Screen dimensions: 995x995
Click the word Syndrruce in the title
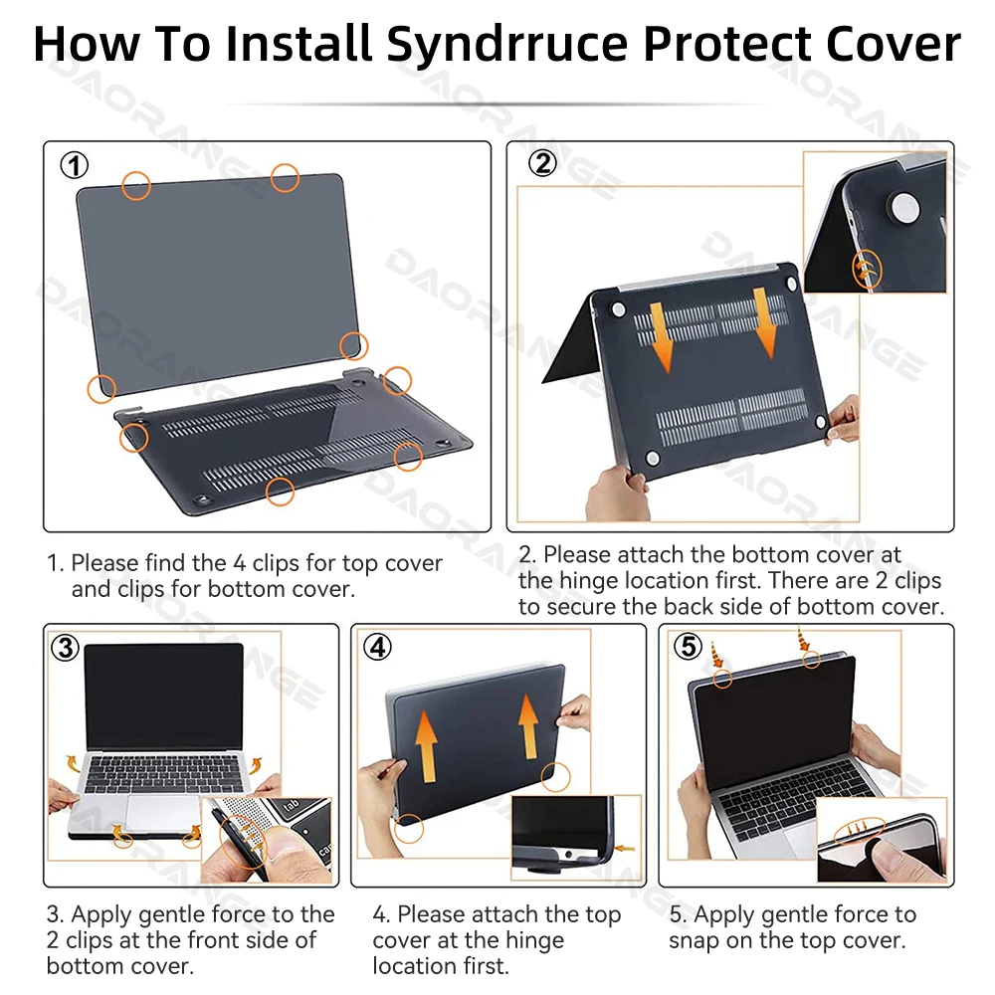pos(507,45)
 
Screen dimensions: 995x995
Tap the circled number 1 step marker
pos(75,165)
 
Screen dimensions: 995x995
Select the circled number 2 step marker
pos(542,163)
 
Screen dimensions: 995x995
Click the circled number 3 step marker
pos(65,648)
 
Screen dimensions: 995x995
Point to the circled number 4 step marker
pos(377,648)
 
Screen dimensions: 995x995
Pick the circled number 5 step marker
pos(688,647)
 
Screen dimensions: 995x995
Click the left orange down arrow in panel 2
pos(662,337)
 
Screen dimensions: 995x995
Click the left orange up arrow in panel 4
pos(427,745)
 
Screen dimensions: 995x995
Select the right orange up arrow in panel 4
pos(528,726)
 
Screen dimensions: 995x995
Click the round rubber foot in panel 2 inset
pos(904,209)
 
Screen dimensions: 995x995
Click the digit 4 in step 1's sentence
pos(239,563)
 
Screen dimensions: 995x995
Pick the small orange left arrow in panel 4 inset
pos(625,848)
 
